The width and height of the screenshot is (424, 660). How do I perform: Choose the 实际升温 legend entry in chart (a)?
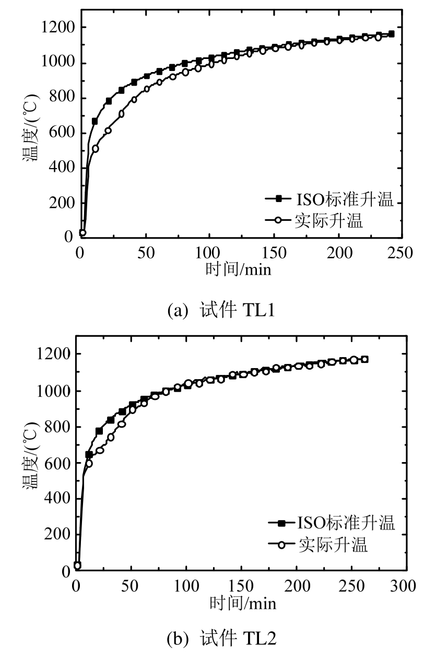tap(315, 221)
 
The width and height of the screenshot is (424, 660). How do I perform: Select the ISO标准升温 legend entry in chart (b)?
tap(331, 523)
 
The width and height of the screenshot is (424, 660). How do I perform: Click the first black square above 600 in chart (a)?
tap(95, 121)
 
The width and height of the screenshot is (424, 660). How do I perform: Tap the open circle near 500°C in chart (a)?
tap(95, 149)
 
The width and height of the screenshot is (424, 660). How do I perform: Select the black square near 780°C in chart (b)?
tap(99, 431)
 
